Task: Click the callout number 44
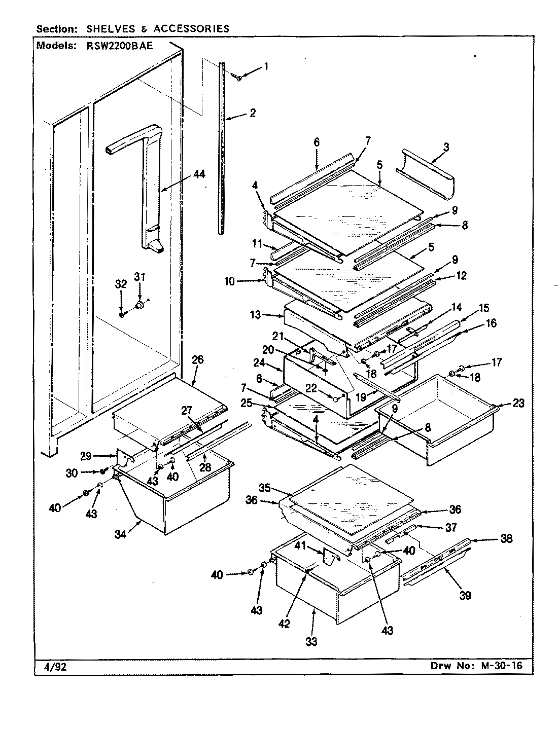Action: (199, 174)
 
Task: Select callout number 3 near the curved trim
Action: (445, 148)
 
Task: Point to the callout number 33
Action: (311, 641)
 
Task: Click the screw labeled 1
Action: (236, 77)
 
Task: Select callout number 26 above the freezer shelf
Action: (197, 360)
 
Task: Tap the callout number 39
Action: (465, 595)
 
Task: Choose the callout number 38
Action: (506, 538)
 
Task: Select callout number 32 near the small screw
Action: (120, 284)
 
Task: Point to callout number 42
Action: (284, 624)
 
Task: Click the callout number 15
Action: (483, 308)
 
